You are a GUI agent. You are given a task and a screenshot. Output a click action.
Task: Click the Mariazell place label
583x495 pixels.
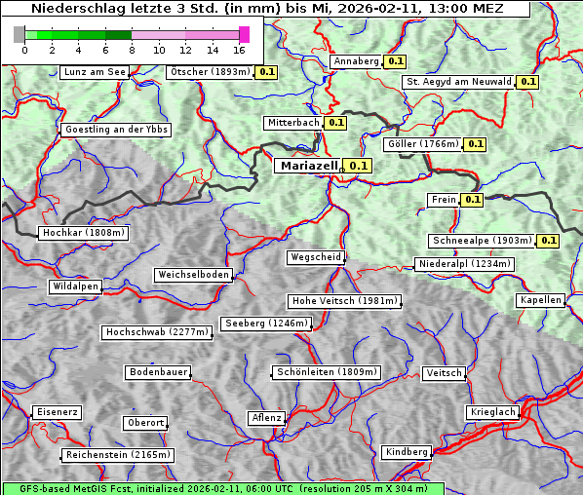[x=307, y=166]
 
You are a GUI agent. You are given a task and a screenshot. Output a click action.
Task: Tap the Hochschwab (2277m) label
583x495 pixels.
[x=157, y=332]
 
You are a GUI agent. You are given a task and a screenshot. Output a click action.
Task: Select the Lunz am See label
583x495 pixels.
[x=94, y=72]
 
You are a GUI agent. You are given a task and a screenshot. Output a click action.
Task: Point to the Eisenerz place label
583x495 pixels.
[x=57, y=412]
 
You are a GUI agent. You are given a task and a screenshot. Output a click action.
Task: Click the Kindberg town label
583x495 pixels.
[x=407, y=452]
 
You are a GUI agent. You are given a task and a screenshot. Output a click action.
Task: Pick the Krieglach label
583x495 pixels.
[x=492, y=412]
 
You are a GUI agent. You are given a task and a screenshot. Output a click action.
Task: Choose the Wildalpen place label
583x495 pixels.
[x=75, y=287]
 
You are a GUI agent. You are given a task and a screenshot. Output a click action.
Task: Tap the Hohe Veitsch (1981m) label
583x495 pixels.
[x=343, y=301]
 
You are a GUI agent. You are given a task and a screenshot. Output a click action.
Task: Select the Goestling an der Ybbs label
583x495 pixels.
[x=116, y=130]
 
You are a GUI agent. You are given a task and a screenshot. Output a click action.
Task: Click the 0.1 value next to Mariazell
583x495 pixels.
[x=360, y=166]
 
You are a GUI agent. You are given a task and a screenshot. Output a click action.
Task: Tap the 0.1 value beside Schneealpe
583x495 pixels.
[x=548, y=241]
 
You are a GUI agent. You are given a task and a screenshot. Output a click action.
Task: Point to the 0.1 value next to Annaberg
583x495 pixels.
[x=395, y=61]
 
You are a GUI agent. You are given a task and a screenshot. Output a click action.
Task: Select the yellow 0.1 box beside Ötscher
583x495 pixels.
[x=267, y=72]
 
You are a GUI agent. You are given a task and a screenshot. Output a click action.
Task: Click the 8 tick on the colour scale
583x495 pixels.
[x=131, y=49]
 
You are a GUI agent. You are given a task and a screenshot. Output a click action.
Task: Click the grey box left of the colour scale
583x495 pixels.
[x=19, y=34]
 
